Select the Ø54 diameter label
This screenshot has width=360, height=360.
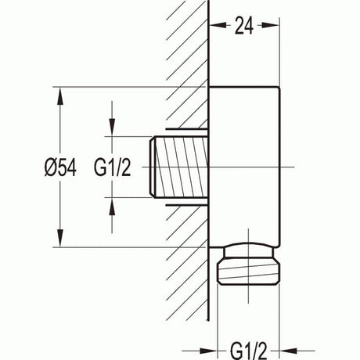coord(61,167)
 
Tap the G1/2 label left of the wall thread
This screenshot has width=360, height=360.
coord(113,167)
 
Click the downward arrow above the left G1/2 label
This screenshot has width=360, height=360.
coord(113,130)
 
